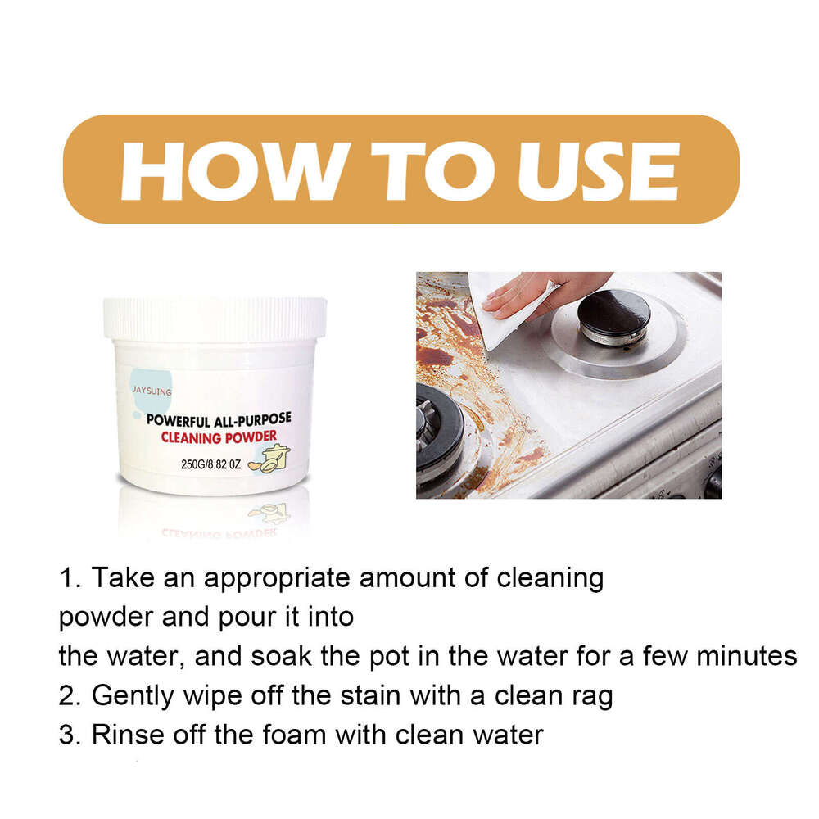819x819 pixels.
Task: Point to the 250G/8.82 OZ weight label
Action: coord(210,464)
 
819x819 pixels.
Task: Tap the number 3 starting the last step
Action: coord(67,734)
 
